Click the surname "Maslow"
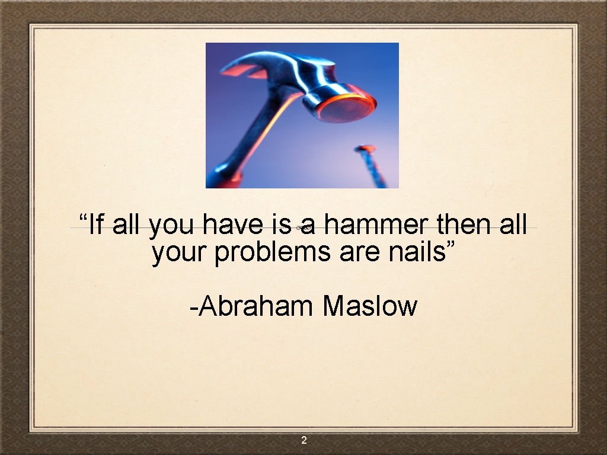tap(370, 306)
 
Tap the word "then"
tap(465, 225)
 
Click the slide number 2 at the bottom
tap(303, 440)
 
